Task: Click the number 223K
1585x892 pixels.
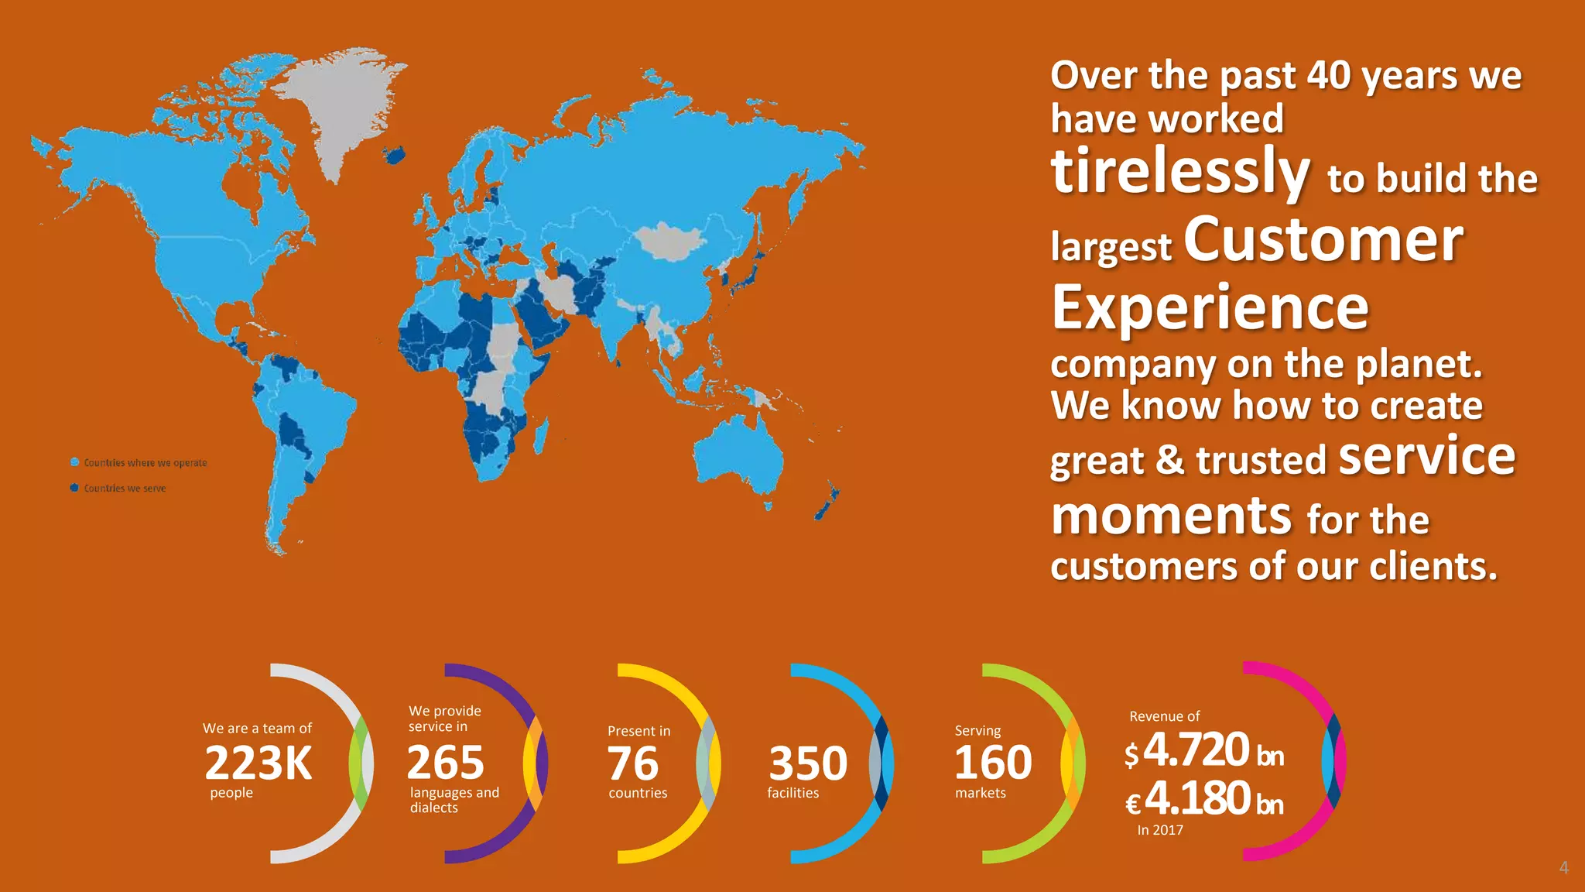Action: pos(258,763)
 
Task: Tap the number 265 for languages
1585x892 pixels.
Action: pos(445,763)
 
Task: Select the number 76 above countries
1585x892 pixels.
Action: pos(632,763)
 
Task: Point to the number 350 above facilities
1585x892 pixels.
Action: pos(807,763)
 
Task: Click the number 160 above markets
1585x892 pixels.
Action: pos(993,763)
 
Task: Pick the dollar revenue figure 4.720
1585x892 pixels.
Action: pos(1196,750)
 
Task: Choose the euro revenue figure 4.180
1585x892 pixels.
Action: pos(1197,798)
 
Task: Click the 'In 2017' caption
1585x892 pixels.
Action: pos(1160,830)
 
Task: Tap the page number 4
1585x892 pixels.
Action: pos(1563,868)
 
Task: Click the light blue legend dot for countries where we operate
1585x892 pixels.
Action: pos(75,462)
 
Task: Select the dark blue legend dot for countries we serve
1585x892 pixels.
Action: pos(74,488)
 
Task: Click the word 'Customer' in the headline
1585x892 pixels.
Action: pos(1323,240)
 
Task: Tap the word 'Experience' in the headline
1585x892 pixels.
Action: pos(1210,307)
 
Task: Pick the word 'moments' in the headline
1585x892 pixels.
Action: pos(1171,515)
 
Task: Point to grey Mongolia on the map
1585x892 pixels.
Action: pos(669,241)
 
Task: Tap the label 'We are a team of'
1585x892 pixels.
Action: pos(257,729)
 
